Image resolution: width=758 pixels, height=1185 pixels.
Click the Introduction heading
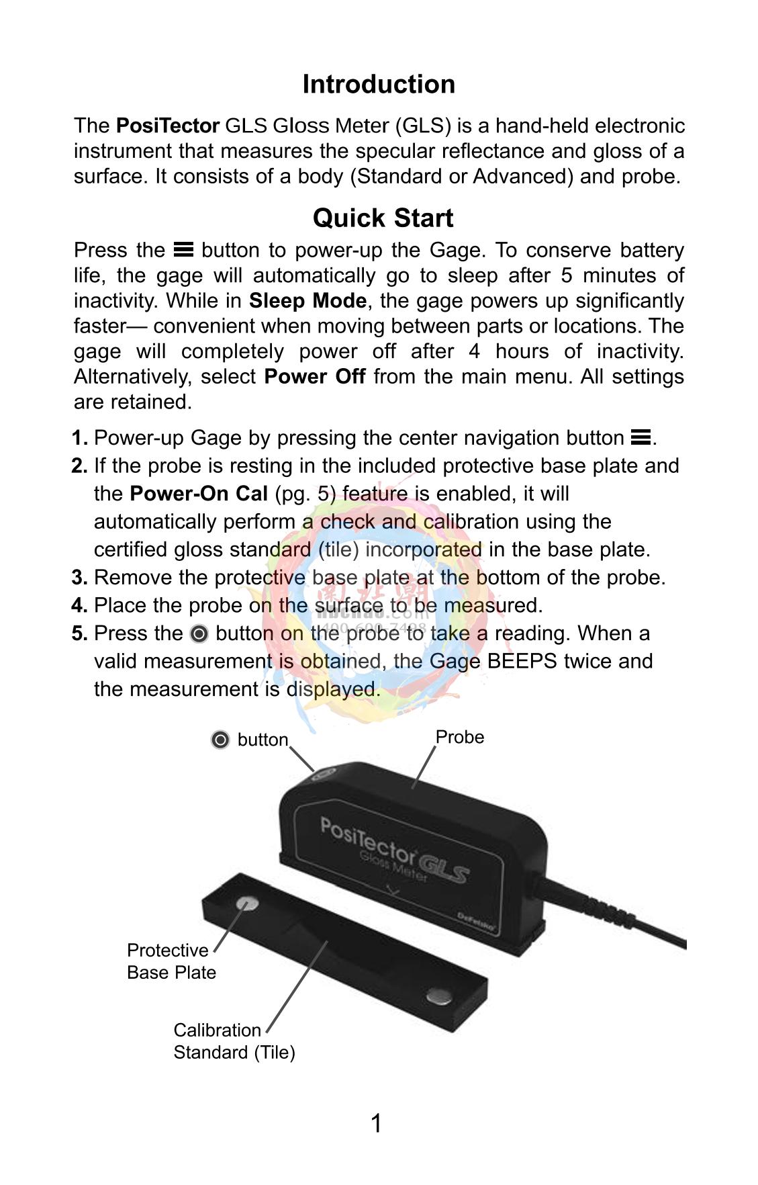tap(379, 85)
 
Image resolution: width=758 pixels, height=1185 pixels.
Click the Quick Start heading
tap(383, 218)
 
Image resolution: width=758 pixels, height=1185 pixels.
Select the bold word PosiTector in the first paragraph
tap(168, 126)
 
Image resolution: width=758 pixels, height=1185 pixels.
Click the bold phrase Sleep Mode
tap(307, 300)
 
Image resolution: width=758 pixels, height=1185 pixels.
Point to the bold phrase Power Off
tap(315, 376)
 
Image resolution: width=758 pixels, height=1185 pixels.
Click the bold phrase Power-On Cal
tap(199, 494)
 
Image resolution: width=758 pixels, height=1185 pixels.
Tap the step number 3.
tap(79, 578)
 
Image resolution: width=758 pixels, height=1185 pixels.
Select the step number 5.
tap(79, 633)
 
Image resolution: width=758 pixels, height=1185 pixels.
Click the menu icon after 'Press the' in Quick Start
tap(183, 250)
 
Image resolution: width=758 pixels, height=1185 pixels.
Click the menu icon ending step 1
tap(641, 438)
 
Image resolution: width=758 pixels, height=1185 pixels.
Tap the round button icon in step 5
tap(199, 633)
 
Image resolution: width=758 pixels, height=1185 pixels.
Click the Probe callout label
tap(460, 737)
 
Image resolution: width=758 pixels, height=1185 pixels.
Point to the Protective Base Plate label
tap(171, 961)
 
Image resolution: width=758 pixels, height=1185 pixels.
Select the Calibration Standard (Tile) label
tap(234, 1041)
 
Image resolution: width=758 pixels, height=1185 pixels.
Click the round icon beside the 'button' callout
tap(220, 740)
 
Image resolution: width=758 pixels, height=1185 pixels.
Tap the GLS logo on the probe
tap(444, 871)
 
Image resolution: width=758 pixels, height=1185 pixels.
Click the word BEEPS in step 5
tap(522, 662)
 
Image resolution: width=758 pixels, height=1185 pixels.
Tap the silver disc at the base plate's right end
tap(439, 996)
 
